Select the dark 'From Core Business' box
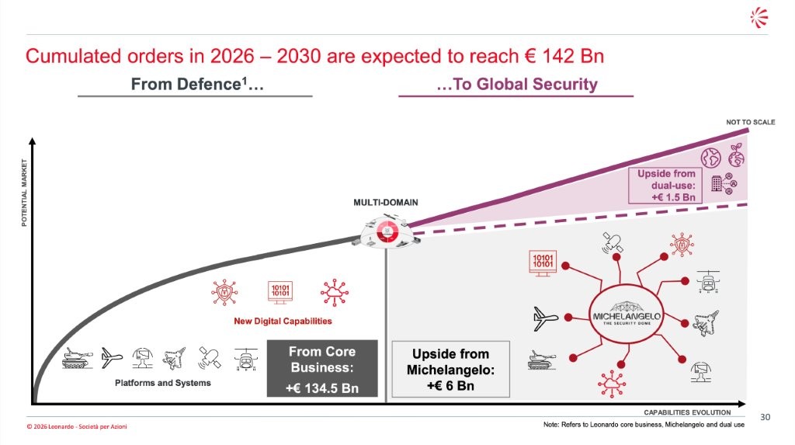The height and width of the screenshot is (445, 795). click(x=322, y=369)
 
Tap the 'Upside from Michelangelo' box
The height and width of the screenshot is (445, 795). click(x=450, y=369)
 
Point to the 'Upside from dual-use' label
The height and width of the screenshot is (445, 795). click(x=667, y=186)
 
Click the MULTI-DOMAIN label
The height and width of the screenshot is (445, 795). click(x=386, y=203)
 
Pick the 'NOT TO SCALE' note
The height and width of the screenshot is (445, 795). click(x=750, y=122)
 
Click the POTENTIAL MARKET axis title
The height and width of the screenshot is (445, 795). click(x=24, y=193)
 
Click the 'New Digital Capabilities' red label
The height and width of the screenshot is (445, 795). click(x=283, y=321)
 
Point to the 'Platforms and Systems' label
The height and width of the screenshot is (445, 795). click(x=163, y=383)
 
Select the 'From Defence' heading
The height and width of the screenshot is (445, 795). click(x=197, y=85)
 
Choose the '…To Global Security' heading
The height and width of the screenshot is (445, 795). click(x=517, y=85)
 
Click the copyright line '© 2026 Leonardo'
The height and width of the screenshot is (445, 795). click(x=76, y=427)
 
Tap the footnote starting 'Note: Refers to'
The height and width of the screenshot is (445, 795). click(x=644, y=425)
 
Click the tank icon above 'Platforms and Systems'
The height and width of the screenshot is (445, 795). click(x=78, y=357)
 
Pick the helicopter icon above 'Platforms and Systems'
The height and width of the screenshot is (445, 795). click(x=245, y=359)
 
